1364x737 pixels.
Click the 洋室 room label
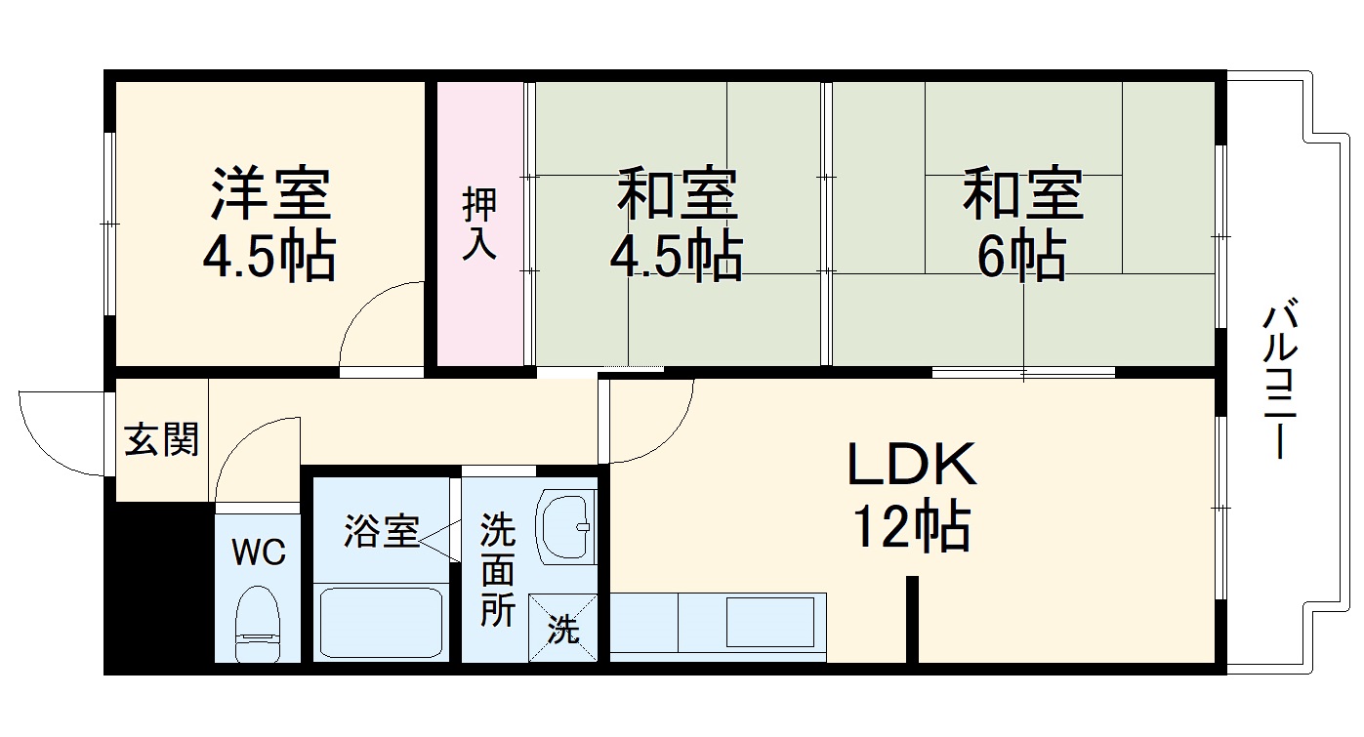(x=271, y=194)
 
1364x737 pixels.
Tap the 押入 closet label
(x=479, y=224)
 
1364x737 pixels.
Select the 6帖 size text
(x=1021, y=255)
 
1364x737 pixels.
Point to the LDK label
(x=912, y=464)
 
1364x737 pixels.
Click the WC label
(x=259, y=553)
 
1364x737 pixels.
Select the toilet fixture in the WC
(x=258, y=624)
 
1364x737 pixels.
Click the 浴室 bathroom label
(x=382, y=531)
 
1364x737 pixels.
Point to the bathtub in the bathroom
(x=381, y=622)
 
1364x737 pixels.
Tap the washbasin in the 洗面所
(x=564, y=527)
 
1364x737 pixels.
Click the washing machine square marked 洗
(x=562, y=628)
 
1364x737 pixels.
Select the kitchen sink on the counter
(x=770, y=622)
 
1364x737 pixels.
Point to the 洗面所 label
(x=498, y=570)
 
